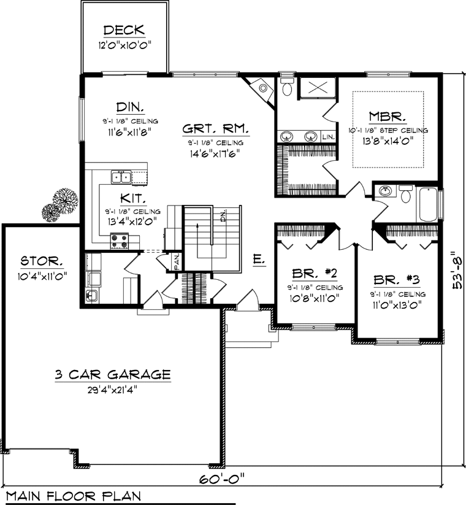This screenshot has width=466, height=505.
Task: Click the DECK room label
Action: (124, 30)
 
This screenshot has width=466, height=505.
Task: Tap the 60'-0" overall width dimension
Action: (222, 479)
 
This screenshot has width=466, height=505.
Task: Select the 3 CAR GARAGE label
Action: (113, 374)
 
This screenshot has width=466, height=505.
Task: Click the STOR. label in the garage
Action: (42, 261)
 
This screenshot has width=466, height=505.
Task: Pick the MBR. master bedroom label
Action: (387, 117)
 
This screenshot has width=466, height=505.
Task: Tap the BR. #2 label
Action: (315, 274)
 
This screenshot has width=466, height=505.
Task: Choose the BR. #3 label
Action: (397, 280)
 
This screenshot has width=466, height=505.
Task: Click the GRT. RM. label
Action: (216, 129)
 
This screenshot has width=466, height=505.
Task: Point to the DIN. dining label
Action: (130, 107)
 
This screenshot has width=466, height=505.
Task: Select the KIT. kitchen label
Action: (133, 198)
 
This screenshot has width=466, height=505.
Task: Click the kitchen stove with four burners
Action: (120, 242)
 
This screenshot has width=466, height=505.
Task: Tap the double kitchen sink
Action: (121, 177)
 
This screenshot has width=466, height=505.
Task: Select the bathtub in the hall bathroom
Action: (429, 204)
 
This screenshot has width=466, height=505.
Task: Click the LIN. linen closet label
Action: (328, 137)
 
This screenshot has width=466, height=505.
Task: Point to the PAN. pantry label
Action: (177, 262)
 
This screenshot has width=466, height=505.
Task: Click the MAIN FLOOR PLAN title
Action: (74, 496)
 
